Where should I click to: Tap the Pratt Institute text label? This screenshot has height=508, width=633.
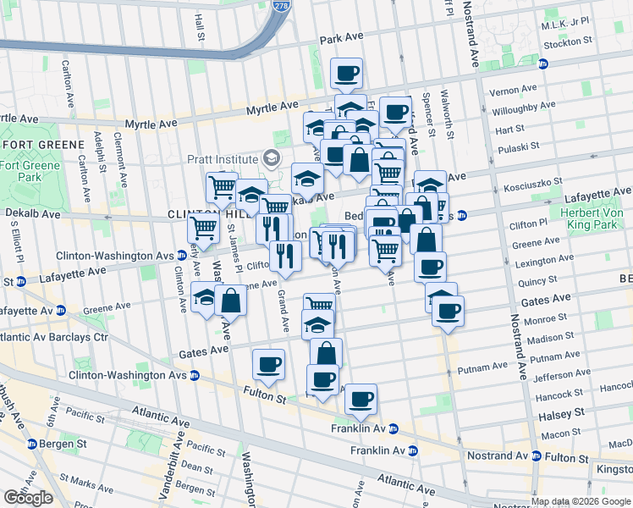223,158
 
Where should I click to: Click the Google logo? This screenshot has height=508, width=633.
28,498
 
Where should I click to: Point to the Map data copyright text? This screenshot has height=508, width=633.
581,502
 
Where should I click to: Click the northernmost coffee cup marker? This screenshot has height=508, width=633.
345,74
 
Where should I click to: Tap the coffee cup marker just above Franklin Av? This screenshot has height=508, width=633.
361,399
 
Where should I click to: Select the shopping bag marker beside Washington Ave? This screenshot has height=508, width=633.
230,300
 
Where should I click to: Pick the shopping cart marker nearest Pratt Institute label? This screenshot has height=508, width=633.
222,186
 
